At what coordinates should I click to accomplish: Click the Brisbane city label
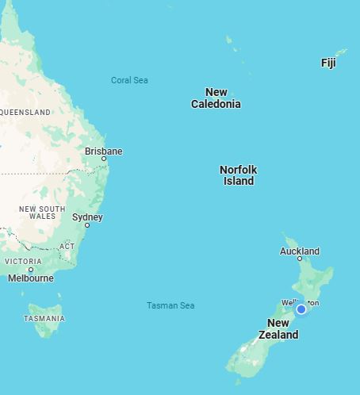point(104,151)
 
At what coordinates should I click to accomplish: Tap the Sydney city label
point(87,217)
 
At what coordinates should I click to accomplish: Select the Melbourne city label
point(31,278)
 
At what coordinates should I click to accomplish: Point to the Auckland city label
point(300,251)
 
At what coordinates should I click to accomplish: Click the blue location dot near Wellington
point(301,309)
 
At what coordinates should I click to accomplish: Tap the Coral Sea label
point(129,80)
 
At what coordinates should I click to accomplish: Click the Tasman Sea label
point(170,305)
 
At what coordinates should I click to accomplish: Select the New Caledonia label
point(216,98)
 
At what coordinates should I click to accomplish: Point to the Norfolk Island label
point(238,175)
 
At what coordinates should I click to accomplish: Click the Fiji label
point(328,63)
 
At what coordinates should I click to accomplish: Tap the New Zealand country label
point(278,328)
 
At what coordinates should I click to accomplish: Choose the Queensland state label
point(25,113)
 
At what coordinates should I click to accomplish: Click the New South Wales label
point(42,213)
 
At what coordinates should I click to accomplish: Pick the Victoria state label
point(23,261)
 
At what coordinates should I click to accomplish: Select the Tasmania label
point(44,318)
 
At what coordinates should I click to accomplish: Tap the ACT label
point(67,246)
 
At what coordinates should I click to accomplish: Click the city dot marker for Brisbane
point(104,159)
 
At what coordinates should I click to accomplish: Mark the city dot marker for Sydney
point(87,225)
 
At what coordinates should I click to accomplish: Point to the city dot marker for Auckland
point(300,259)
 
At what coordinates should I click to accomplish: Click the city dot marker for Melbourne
point(31,270)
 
